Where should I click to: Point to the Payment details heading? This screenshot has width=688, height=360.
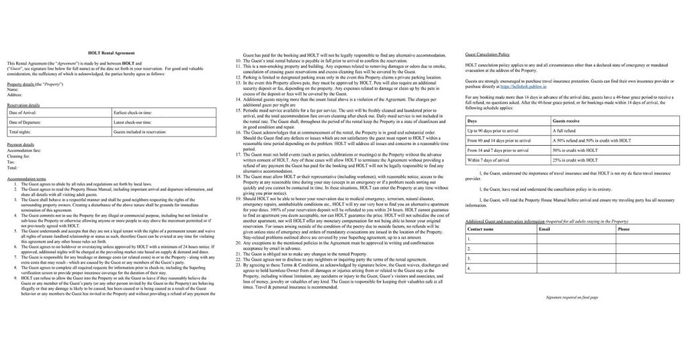click(x=20, y=144)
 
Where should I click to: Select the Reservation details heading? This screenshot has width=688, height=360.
click(x=23, y=105)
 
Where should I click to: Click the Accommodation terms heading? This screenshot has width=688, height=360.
click(x=26, y=179)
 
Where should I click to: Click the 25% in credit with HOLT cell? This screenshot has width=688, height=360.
click(x=575, y=161)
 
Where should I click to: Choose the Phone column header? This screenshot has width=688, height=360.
click(x=623, y=229)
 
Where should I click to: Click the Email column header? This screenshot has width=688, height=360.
click(x=545, y=229)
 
